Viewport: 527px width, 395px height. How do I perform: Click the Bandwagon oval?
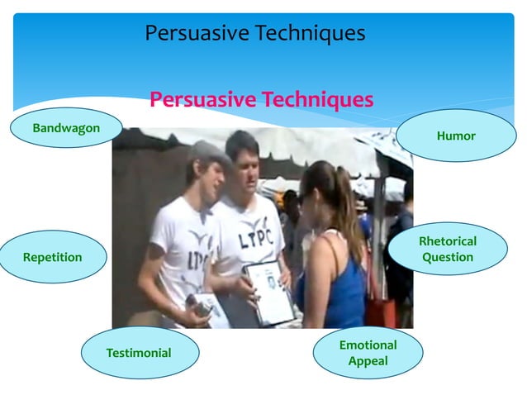[66, 128]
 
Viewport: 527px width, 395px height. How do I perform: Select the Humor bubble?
[456, 136]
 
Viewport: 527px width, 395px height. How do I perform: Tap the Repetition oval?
[53, 257]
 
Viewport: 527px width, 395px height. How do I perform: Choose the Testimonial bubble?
[139, 353]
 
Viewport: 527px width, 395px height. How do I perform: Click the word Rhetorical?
[448, 241]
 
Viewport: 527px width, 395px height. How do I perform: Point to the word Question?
[448, 257]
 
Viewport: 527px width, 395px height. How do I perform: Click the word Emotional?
[368, 345]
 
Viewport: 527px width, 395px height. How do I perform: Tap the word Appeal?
[368, 361]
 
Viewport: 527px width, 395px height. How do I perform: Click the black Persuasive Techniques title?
[254, 34]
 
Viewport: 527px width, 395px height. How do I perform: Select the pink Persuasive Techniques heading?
[261, 100]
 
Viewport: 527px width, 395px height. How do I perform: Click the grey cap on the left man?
[207, 152]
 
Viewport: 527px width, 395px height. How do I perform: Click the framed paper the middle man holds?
[269, 291]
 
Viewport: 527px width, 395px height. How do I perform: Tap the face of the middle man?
[245, 164]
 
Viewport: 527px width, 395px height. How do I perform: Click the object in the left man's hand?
[200, 306]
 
